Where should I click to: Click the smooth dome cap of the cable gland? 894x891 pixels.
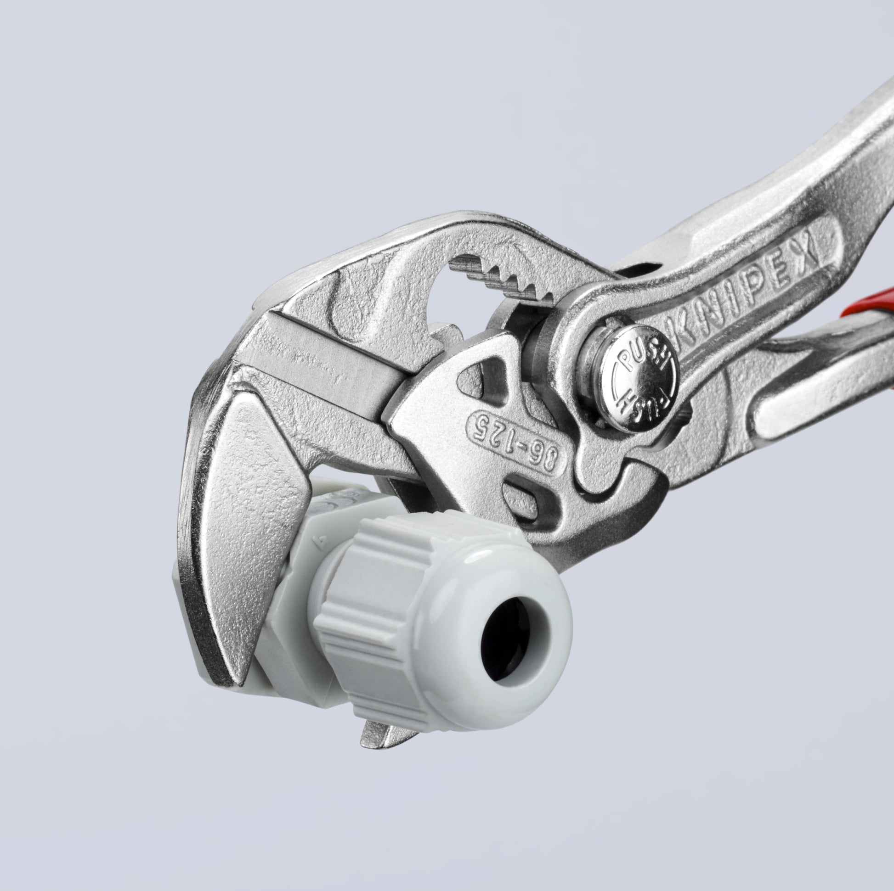coord(500,643)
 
